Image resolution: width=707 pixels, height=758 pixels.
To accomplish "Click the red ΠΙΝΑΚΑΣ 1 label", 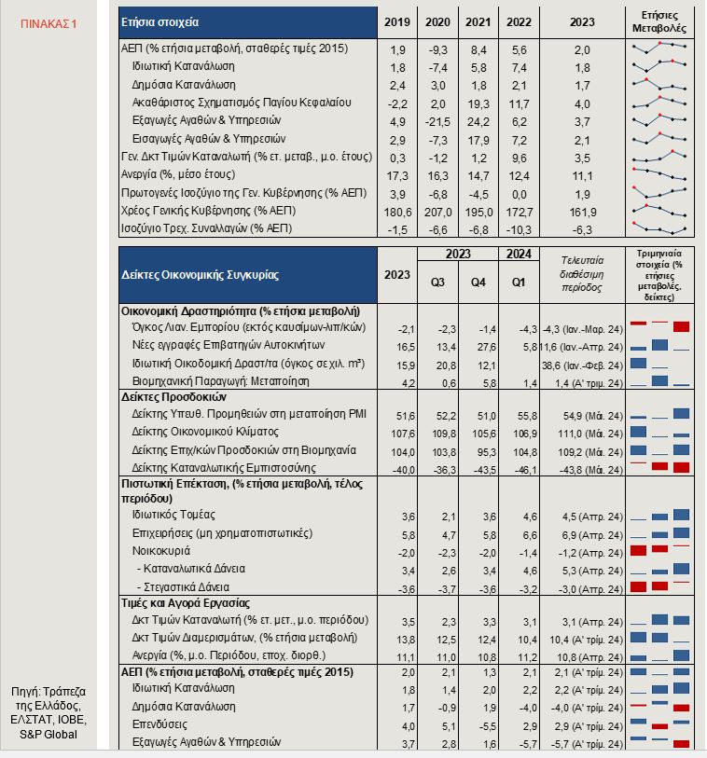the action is tap(49, 23).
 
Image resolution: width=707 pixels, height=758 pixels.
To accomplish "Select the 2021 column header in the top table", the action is tap(478, 22).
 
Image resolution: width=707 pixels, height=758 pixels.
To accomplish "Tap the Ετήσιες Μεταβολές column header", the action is tap(659, 22).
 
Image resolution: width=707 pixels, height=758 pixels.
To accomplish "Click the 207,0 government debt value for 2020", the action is tap(437, 213).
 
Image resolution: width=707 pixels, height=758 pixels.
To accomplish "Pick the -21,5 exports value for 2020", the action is tap(437, 122).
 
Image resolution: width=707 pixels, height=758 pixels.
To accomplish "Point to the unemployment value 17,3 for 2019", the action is tap(397, 176).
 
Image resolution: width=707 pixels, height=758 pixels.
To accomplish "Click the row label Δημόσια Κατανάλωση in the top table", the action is tap(184, 85).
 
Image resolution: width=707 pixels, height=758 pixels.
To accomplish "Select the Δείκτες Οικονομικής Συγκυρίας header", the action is tap(201, 275).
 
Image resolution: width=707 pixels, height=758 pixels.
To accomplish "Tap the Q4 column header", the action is tap(478, 283).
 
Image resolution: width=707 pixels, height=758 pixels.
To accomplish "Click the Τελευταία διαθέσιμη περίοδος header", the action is tap(582, 274).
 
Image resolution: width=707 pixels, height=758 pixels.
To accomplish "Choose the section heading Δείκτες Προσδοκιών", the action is tap(174, 397).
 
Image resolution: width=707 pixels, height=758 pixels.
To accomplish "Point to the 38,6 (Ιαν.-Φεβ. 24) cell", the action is tap(582, 365).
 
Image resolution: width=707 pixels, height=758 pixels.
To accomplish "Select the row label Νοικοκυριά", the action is tap(161, 551).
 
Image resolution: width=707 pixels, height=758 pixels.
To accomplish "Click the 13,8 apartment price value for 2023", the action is tap(405, 640).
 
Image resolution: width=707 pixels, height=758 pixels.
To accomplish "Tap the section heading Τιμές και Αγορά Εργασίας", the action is tap(186, 603).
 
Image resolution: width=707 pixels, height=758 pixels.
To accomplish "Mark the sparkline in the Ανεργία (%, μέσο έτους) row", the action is tap(659, 174).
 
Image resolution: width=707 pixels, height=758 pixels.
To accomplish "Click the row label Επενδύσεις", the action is tap(159, 724).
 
